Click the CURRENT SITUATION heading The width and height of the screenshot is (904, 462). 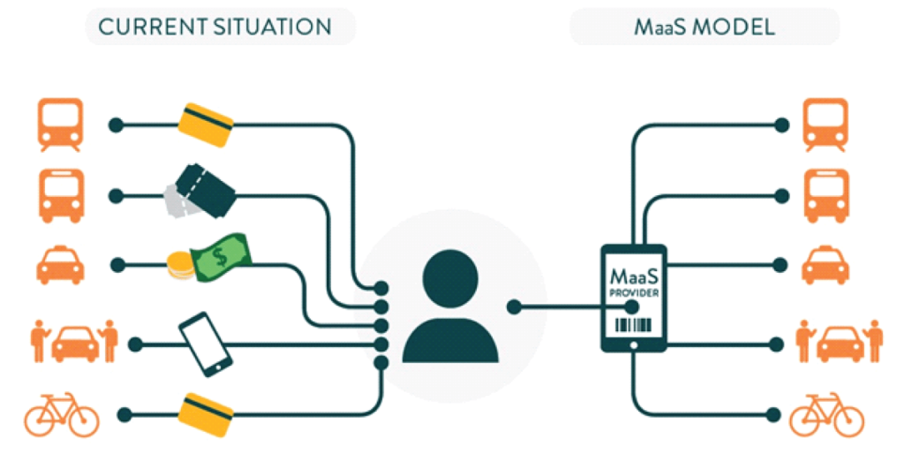215,27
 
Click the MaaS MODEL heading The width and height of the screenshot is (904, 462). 704,27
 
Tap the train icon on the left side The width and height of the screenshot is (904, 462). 61,125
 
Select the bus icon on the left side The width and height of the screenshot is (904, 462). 61,194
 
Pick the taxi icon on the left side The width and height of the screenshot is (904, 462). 61,264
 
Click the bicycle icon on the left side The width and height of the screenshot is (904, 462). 61,413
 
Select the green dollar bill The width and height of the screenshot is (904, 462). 220,256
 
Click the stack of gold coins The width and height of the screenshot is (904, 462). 178,266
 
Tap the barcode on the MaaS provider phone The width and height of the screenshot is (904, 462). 633,326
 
